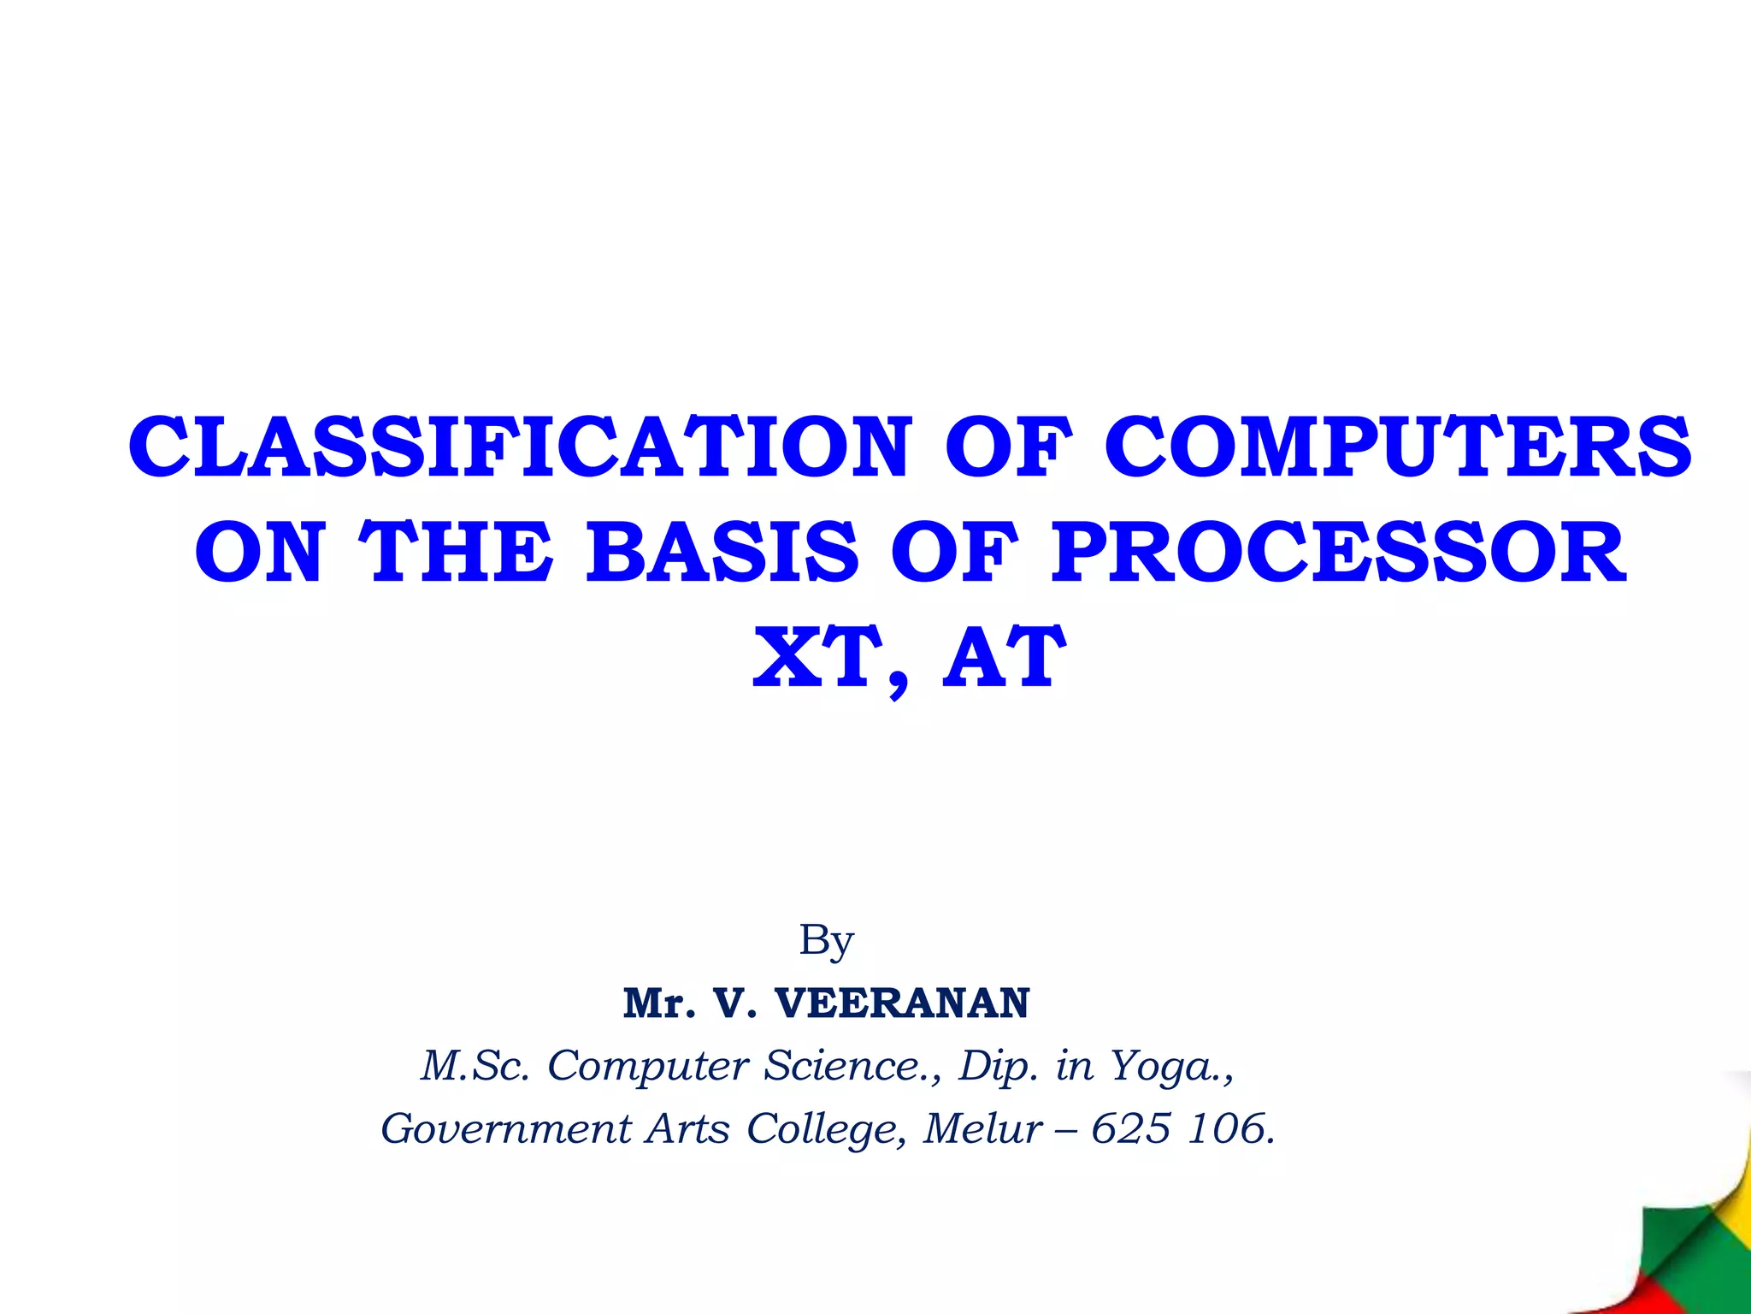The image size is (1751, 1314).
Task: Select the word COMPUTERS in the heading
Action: point(1397,448)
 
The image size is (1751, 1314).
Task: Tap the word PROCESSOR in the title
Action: point(1339,553)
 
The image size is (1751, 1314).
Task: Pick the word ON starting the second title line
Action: point(259,553)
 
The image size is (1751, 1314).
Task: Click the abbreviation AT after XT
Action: point(1004,658)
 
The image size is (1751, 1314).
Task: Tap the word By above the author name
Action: point(826,941)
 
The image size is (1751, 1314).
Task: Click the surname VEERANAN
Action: point(902,1003)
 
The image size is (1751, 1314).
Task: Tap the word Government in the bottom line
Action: point(505,1129)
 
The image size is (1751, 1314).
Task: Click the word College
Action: point(821,1129)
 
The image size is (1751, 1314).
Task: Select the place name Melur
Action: point(983,1129)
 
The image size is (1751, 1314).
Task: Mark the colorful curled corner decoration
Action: point(1689,1232)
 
